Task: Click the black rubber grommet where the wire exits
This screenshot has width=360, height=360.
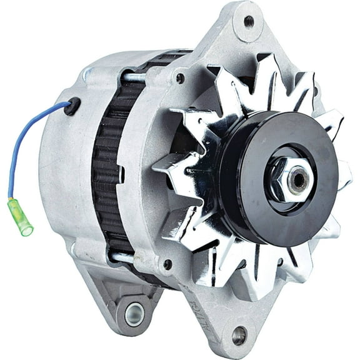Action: point(73,106)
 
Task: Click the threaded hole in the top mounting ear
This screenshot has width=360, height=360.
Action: point(249,21)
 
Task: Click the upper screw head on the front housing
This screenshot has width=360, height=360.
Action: point(180,79)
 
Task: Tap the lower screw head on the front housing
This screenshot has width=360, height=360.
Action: point(167,264)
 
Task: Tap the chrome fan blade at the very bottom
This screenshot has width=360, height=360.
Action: point(231,275)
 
